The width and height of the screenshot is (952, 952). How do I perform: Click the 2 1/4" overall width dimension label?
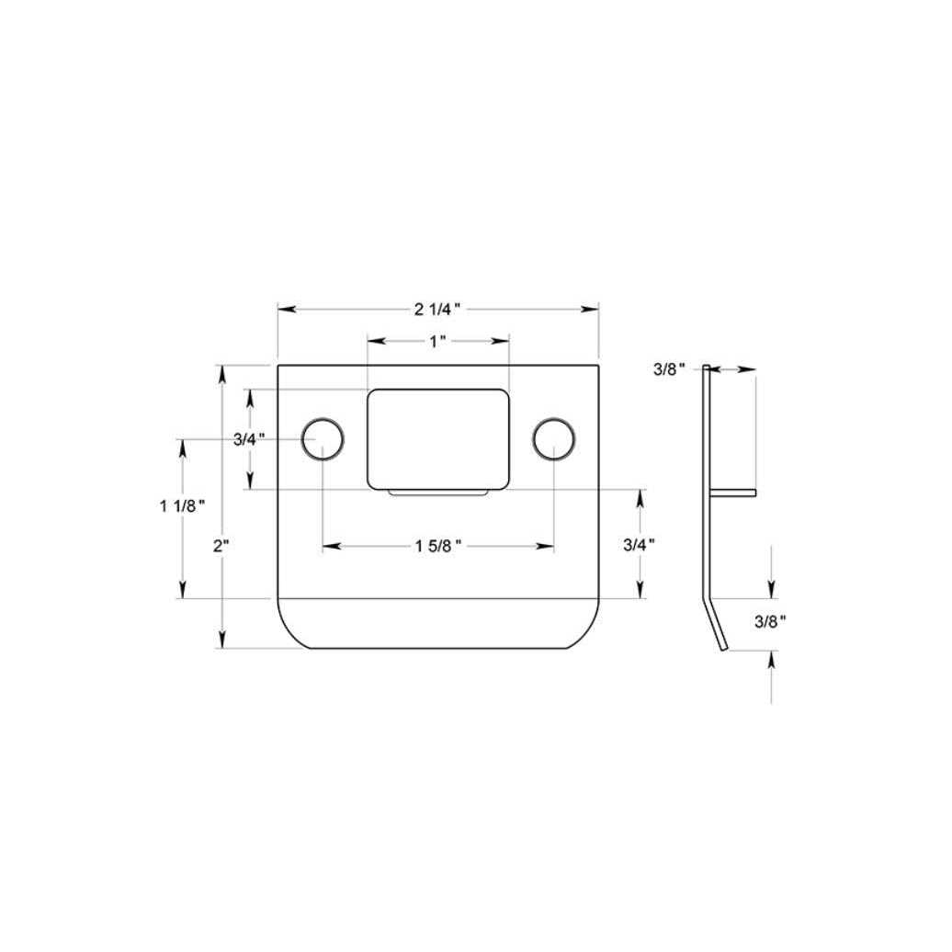tap(437, 309)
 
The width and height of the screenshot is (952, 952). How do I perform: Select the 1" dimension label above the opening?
tap(437, 341)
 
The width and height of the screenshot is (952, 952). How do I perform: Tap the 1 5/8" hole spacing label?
tap(437, 547)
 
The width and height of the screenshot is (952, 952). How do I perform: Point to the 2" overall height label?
tap(221, 546)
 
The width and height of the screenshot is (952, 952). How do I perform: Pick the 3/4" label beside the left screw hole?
tap(249, 439)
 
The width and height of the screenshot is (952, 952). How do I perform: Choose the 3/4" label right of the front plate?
tap(639, 544)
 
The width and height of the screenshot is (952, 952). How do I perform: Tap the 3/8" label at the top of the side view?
tap(670, 369)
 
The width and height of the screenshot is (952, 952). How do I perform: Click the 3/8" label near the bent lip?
tap(770, 621)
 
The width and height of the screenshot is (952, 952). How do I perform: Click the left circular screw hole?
tap(323, 438)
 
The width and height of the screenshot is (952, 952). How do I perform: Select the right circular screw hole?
tap(554, 438)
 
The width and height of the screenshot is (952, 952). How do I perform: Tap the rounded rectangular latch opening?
tap(437, 438)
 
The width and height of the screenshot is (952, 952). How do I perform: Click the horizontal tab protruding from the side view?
tap(733, 493)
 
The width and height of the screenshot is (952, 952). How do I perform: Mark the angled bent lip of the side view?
tap(716, 627)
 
